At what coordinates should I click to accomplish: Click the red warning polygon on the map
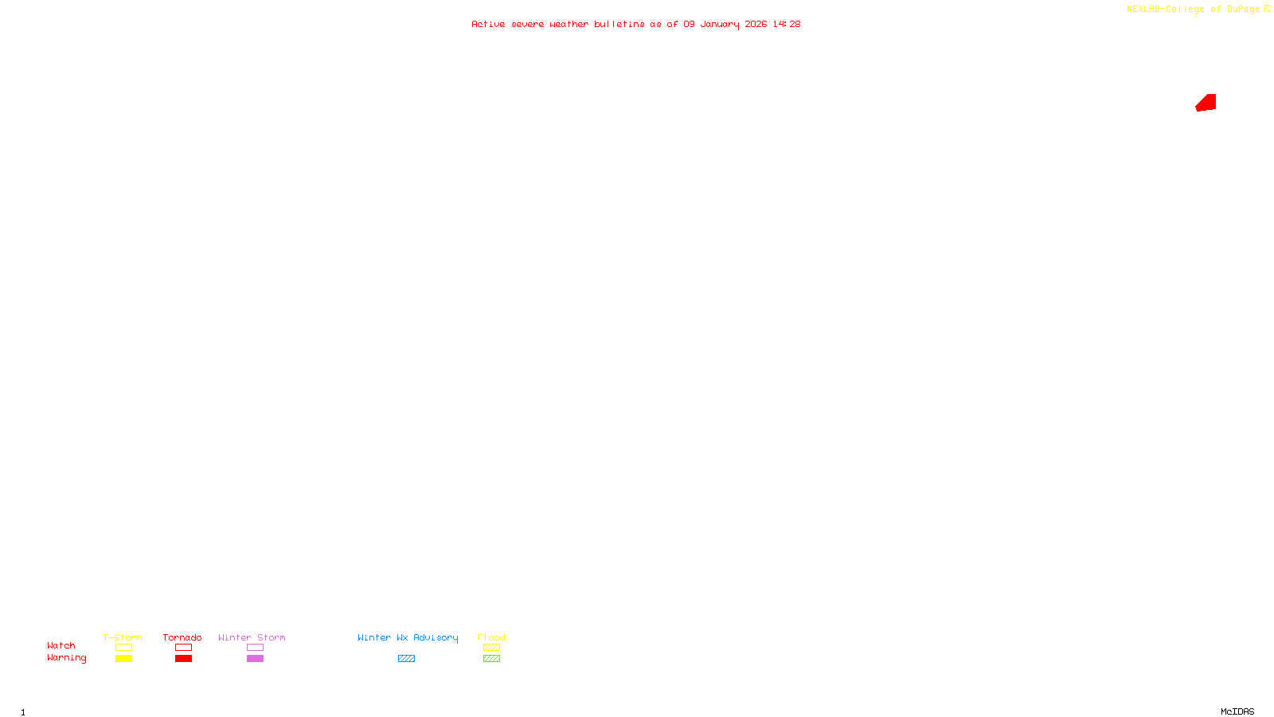click(1207, 103)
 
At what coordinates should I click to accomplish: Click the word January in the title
click(719, 25)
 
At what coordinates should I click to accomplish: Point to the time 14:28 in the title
click(786, 25)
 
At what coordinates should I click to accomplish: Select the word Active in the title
click(487, 25)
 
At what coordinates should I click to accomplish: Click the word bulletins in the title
click(619, 25)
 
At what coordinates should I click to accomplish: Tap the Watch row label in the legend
click(61, 646)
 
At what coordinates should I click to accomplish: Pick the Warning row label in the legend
click(66, 658)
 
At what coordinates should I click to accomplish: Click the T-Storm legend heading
click(123, 637)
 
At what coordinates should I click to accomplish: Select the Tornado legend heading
click(182, 637)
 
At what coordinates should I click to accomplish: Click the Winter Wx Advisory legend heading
click(408, 637)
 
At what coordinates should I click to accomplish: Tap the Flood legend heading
click(491, 637)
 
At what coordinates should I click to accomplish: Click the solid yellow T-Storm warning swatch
click(123, 659)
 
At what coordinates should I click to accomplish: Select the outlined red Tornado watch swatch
click(183, 648)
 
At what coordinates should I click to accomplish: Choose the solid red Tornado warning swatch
click(183, 659)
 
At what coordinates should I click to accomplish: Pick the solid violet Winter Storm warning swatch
click(255, 659)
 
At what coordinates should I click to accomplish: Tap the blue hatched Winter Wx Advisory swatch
click(406, 659)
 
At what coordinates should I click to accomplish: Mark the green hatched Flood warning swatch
click(491, 659)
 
